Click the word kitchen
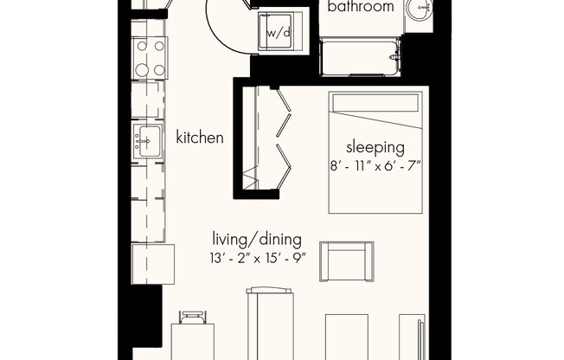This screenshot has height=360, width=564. pos(200,138)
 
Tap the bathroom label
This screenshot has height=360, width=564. pos(361,6)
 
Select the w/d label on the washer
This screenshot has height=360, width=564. pos(278,33)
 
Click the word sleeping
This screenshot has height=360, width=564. pos(375,148)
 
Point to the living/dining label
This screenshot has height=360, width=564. pos(257,240)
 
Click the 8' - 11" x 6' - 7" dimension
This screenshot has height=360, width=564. pos(375,166)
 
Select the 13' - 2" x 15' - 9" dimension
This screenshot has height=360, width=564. pos(258,258)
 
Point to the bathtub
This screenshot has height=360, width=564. pos(361,57)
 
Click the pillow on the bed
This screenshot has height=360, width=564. pos(375,103)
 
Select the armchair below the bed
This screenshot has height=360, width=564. pos(347,261)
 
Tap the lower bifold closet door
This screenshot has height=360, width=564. pos(284,166)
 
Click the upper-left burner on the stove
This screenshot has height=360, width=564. pos(142,46)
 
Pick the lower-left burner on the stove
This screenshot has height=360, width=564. pos(142,69)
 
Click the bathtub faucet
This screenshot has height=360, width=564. pos(395,55)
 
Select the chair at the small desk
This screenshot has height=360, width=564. pos(193,318)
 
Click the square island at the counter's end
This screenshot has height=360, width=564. pos(153,264)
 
